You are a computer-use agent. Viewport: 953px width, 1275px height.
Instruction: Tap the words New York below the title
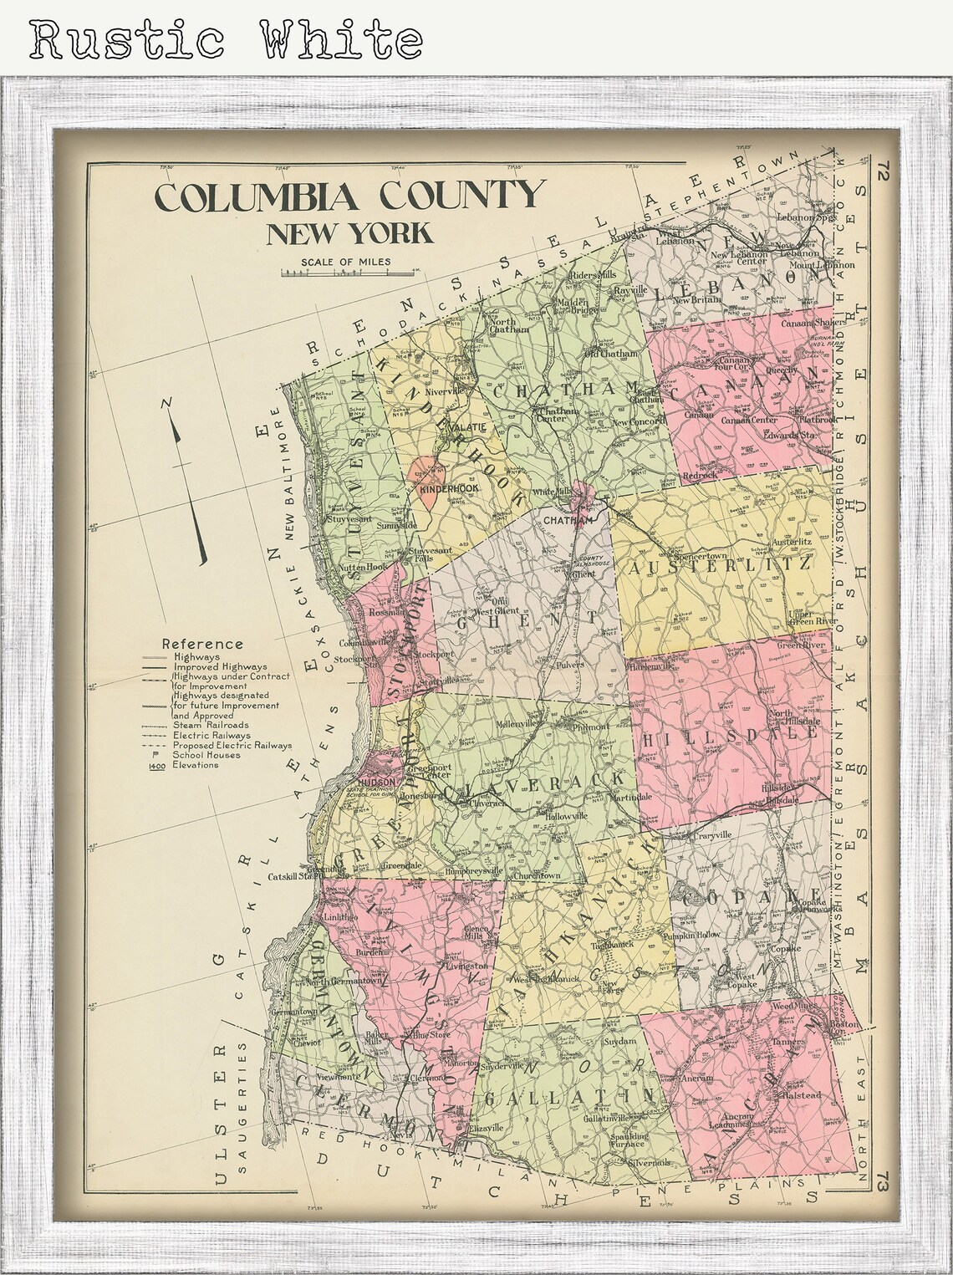click(349, 232)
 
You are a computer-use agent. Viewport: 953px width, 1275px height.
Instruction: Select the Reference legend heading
click(201, 644)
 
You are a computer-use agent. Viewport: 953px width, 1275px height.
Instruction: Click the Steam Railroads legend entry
click(209, 725)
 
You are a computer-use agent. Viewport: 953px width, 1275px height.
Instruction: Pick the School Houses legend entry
click(206, 755)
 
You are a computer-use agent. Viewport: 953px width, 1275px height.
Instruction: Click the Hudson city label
click(381, 763)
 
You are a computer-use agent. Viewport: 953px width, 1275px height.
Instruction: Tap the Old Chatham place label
click(609, 354)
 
